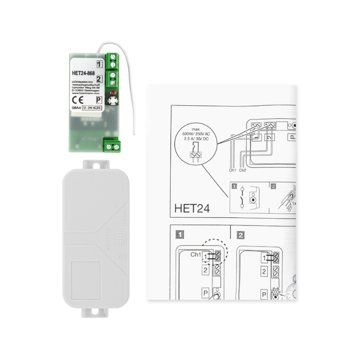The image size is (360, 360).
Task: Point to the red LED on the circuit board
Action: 112,92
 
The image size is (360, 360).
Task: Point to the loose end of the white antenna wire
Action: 135,134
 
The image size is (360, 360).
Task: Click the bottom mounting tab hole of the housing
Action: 94,311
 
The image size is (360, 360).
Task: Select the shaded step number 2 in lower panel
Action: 241,234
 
